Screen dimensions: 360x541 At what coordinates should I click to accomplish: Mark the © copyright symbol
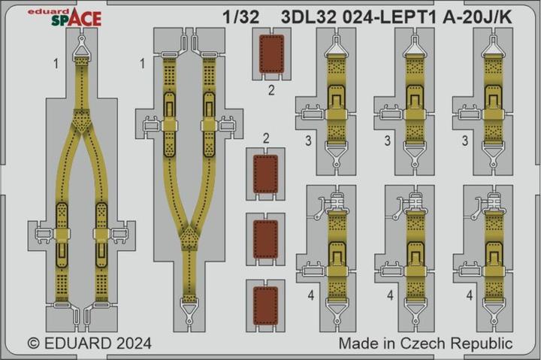(34, 343)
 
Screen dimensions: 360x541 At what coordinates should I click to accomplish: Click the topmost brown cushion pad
(272, 55)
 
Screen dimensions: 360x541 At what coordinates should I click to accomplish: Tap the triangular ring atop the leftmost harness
(80, 51)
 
